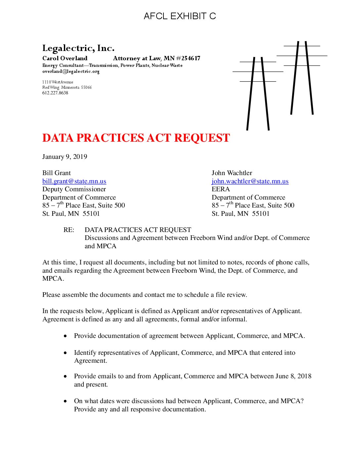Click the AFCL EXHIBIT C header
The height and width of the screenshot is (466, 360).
pyautogui.click(x=180, y=16)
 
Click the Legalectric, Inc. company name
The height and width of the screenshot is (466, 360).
pyautogui.click(x=78, y=48)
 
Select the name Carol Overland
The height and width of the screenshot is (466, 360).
pyautogui.click(x=65, y=58)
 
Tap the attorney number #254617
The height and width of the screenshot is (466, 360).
pyautogui.click(x=188, y=58)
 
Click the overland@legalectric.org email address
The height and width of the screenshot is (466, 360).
pyautogui.click(x=71, y=71)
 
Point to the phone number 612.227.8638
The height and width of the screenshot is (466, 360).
pyautogui.click(x=55, y=93)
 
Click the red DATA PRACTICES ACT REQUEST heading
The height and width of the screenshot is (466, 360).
pyautogui.click(x=136, y=138)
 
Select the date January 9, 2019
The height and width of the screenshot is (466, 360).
pyautogui.click(x=65, y=157)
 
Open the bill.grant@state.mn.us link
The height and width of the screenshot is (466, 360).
pyautogui.click(x=74, y=181)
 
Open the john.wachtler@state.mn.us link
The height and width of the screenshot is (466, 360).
pyautogui.click(x=250, y=181)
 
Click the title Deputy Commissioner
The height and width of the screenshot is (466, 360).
pyautogui.click(x=74, y=189)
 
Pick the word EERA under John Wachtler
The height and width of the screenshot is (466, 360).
pyautogui.click(x=221, y=189)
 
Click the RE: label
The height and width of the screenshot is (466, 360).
pyautogui.click(x=69, y=230)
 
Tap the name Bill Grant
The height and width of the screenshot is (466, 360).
pyautogui.click(x=57, y=173)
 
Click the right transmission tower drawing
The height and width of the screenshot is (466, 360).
pyautogui.click(x=302, y=78)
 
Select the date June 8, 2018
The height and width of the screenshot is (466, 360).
pyautogui.click(x=293, y=376)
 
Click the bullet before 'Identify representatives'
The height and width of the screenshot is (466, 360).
pyautogui.click(x=66, y=353)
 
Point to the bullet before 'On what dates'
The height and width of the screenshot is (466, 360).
pyautogui.click(x=66, y=401)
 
